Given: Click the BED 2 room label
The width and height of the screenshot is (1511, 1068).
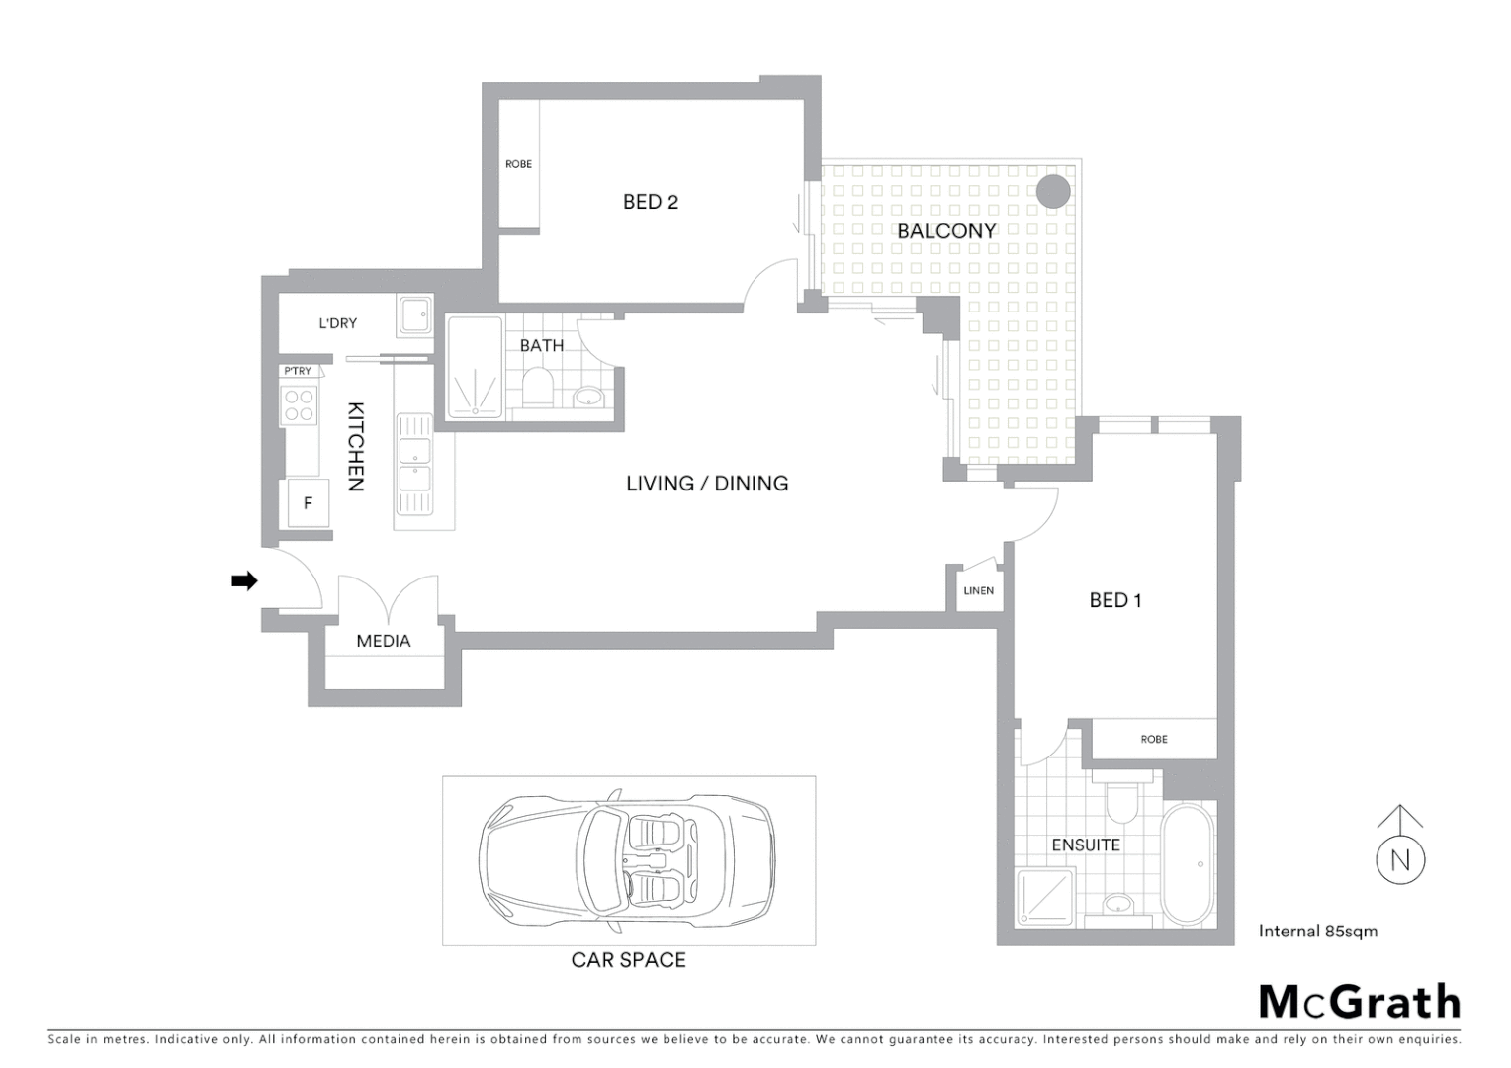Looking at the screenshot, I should coord(650,202).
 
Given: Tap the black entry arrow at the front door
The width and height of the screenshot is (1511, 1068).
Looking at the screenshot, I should coord(243,580).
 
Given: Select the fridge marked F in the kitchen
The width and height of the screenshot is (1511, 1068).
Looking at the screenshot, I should coord(308,503).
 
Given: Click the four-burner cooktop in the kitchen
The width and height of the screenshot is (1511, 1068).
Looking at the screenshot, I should coord(299,405).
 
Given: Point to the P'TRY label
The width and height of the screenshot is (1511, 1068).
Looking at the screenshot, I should coord(297,371).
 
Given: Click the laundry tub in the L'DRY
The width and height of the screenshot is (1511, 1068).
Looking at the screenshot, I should coord(414,316).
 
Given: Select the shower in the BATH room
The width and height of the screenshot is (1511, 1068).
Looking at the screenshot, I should coord(475,368).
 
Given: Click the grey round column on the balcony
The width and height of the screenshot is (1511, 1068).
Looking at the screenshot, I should coord(1053,191).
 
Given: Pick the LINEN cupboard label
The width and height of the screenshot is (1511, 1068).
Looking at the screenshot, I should coord(978,590).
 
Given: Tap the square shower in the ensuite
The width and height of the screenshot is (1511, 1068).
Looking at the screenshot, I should coord(1044,896).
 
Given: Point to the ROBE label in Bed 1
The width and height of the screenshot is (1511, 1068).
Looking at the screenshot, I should coord(1153,739).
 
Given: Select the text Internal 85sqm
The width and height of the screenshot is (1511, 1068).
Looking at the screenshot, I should coord(1317,931).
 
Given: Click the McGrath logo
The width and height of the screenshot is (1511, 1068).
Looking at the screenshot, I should coord(1359,1002).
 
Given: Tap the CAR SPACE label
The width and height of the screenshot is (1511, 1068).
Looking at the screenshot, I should coord(628,959).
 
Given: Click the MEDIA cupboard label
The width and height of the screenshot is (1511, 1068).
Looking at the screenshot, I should coord(383,641).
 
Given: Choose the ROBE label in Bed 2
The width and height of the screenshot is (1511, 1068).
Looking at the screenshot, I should coord(518,164).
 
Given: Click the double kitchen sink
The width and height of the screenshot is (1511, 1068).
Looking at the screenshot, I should coord(413,465).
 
